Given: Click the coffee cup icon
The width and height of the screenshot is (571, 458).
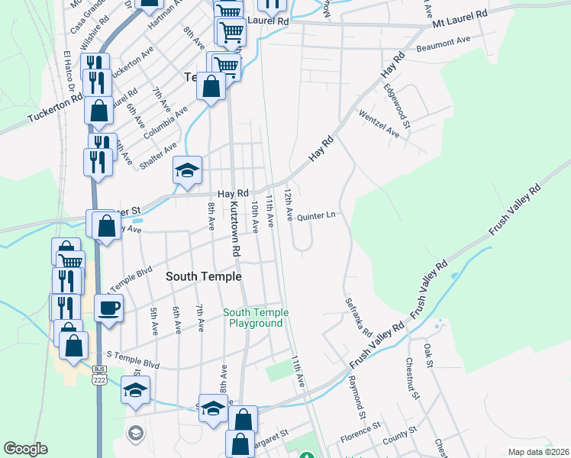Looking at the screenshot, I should point(108,308).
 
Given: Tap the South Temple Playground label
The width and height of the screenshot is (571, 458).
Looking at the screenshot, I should point(256,318).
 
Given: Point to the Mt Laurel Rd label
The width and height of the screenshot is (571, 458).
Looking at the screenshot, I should point(459,20).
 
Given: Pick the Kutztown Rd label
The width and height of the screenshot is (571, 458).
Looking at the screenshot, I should point(235,228).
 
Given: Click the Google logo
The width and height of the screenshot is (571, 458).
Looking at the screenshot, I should point(25,449).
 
